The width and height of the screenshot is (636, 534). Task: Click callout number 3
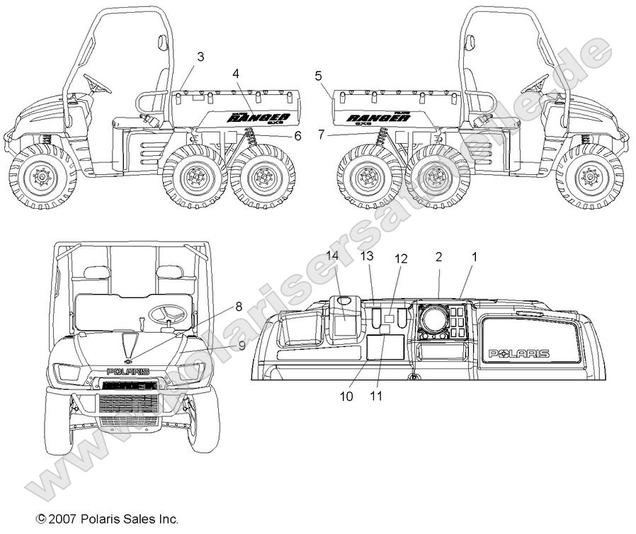click(x=200, y=57)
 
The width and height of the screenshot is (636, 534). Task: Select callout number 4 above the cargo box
click(x=235, y=73)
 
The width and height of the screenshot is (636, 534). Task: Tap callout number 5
click(x=319, y=74)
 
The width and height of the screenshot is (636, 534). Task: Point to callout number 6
click(x=297, y=135)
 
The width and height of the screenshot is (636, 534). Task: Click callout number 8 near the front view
click(x=239, y=307)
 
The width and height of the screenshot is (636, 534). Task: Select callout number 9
click(x=242, y=345)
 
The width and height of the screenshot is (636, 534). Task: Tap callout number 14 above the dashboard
click(x=333, y=255)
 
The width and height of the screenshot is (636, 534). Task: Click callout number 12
click(x=401, y=259)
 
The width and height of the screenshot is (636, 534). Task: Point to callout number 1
click(x=474, y=258)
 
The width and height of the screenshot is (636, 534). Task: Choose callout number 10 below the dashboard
click(x=346, y=397)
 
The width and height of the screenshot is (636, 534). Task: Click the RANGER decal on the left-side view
click(x=257, y=118)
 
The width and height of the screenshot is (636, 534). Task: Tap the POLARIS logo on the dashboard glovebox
click(x=521, y=353)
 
